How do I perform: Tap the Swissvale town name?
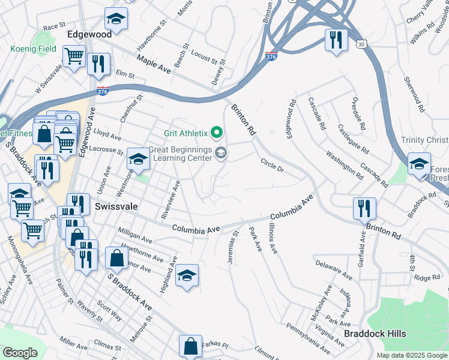coord(116,206)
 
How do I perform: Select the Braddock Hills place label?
coord(375,334)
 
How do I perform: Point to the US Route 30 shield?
coord(360,44)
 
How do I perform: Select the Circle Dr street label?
coord(272,164)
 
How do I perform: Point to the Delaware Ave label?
coord(333,269)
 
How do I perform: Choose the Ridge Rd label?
coord(427,278)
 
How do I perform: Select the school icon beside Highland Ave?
coord(187,275)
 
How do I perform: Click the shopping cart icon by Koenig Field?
coord(74,56)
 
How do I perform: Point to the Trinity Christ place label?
coord(424,140)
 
